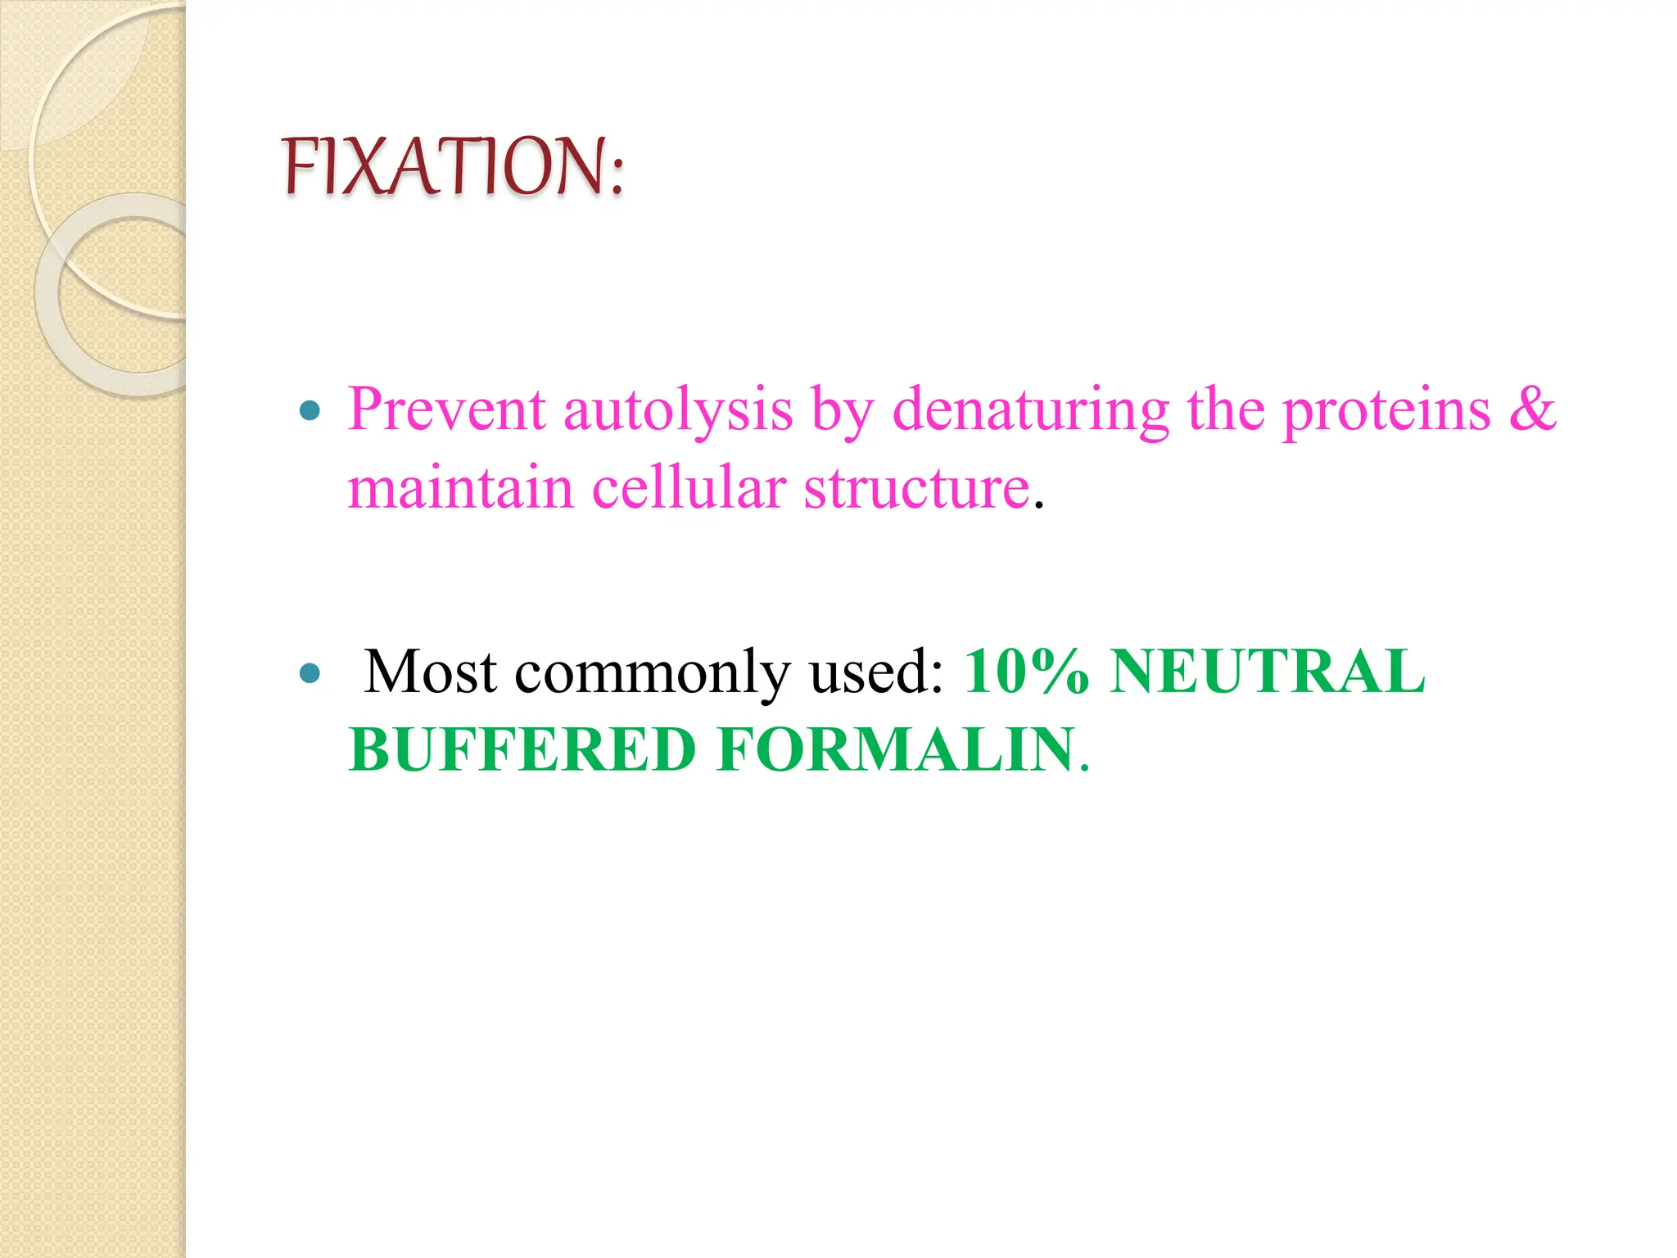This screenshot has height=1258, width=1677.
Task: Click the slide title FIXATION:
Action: [x=453, y=167]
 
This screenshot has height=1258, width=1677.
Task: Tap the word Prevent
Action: [x=446, y=410]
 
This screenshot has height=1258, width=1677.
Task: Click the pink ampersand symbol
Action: [x=1532, y=410]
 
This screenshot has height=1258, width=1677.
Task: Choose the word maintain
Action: [x=460, y=488]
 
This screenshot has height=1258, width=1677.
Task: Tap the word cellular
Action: [x=688, y=488]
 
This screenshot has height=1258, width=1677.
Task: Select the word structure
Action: [x=916, y=489]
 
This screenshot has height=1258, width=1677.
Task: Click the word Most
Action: [x=431, y=672]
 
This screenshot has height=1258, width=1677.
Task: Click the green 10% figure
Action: [x=1027, y=672]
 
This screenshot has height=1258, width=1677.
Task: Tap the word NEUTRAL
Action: [x=1267, y=672]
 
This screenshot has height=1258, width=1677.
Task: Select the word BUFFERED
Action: [x=522, y=750]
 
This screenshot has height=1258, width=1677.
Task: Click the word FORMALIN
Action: [x=896, y=750]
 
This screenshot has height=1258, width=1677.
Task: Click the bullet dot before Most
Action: [x=310, y=673]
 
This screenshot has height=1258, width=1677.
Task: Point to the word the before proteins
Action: [x=1226, y=410]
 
